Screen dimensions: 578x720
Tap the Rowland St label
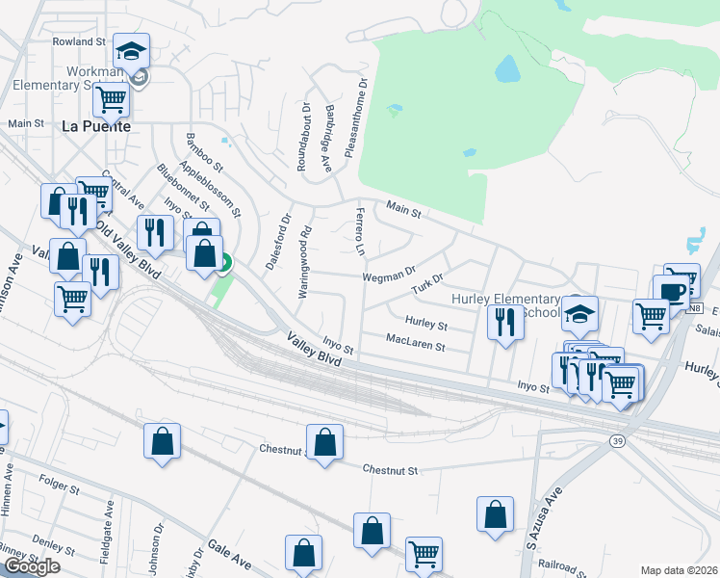coord(79,42)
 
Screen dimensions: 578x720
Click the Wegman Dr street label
coord(388,276)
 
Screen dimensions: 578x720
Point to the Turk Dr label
coord(426,286)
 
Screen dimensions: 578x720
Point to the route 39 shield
coord(616,439)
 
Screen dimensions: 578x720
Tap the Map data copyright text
coord(679,570)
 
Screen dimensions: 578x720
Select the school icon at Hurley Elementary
coord(580,312)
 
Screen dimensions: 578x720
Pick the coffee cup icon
coord(671,290)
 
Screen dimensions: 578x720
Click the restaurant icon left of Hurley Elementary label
coord(504,322)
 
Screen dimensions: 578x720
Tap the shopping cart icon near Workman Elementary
coord(112,96)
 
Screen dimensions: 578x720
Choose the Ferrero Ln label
coord(359,231)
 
